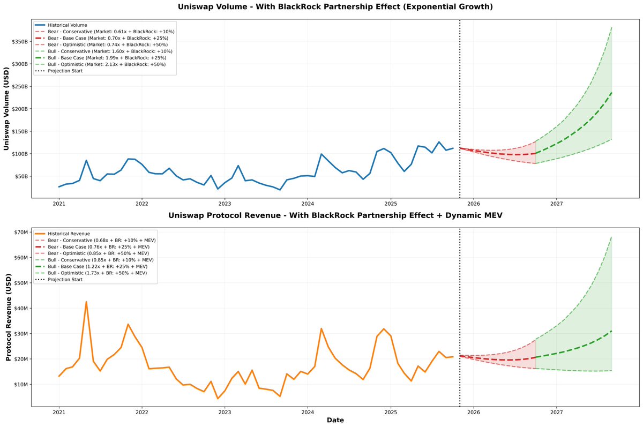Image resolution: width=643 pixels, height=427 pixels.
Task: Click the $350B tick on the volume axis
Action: coord(17,41)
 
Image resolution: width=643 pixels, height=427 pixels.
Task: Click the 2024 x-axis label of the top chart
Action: coord(308,204)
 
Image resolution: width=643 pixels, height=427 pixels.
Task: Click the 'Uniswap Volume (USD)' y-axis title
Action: coord(6,109)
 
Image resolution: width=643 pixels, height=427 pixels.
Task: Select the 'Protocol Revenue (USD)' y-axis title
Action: coord(8,317)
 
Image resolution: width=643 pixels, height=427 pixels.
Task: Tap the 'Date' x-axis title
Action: coord(335,421)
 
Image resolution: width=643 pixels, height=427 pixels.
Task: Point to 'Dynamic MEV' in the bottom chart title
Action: coord(475,215)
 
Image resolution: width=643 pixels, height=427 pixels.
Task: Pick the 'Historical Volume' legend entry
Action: coord(67,25)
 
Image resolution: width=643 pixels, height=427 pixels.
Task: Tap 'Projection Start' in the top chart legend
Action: coord(65,71)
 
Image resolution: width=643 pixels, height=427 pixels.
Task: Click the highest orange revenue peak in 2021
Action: coord(86,302)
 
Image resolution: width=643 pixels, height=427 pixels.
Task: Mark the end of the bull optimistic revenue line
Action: coord(611,236)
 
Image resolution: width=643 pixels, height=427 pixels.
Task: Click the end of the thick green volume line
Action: coord(611,93)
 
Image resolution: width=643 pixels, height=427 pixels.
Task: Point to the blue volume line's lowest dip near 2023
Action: coord(218,189)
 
